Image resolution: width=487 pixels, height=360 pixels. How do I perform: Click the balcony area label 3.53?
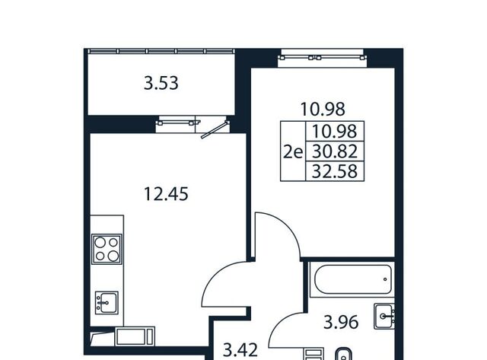[161, 84]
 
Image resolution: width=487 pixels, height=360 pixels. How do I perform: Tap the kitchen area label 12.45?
[166, 194]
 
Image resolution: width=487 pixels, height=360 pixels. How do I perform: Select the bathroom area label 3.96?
[341, 322]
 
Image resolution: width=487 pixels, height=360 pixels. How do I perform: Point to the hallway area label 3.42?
[240, 350]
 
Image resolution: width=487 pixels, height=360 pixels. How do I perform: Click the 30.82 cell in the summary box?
[335, 151]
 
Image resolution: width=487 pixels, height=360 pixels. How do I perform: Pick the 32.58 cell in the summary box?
[335, 171]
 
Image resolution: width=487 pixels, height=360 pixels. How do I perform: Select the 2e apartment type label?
[293, 152]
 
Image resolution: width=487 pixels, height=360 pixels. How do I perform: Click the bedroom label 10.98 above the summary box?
[323, 110]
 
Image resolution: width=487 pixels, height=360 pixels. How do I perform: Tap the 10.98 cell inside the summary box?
[335, 131]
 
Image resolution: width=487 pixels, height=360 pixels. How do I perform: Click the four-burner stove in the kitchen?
[107, 249]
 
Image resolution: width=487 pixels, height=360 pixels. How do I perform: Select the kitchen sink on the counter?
[107, 302]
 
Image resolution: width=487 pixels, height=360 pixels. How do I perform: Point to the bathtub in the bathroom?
[352, 279]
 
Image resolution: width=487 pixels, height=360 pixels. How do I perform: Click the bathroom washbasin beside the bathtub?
[384, 316]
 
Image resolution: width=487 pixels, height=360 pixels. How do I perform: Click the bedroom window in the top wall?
[323, 58]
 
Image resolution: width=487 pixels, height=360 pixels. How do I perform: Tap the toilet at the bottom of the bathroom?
[343, 354]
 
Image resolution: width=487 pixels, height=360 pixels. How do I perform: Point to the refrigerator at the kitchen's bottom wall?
[135, 336]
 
